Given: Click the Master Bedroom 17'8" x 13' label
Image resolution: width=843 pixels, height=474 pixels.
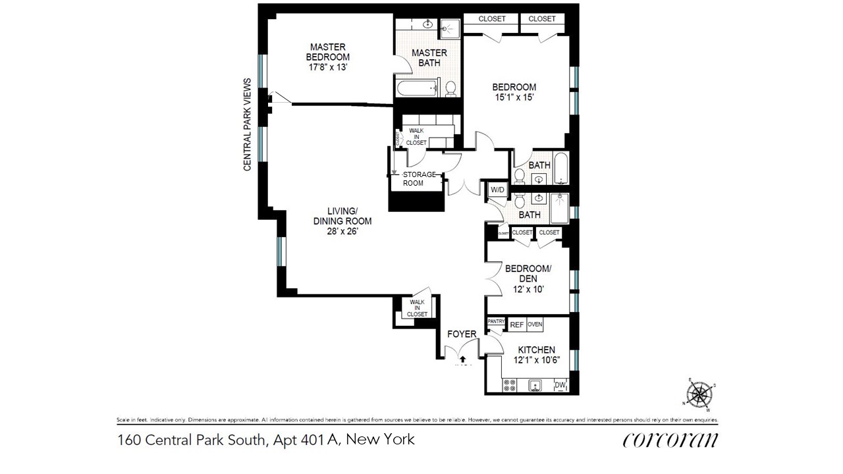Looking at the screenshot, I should coord(329,57).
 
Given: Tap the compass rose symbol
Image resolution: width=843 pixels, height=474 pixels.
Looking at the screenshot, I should coord(699,395).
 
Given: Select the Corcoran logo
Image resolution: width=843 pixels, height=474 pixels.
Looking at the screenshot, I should coord(670,440).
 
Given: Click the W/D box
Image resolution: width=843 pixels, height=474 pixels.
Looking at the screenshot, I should coord(497,190).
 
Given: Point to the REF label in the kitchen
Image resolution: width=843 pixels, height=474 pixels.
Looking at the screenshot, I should coord(517,325).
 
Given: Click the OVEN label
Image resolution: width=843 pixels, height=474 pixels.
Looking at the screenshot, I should coord(535,325).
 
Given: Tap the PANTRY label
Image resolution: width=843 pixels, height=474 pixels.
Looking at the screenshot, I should coord(496,321).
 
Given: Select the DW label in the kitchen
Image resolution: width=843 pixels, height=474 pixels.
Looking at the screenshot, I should coord(560,385).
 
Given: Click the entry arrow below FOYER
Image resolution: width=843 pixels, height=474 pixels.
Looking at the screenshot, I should coord(463,358).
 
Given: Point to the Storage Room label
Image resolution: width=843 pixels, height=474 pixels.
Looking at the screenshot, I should coord(419,178).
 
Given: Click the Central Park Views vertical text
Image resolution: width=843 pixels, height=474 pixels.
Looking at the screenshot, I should coord(248,124).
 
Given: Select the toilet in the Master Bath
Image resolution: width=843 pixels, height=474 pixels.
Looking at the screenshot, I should coord(451,88).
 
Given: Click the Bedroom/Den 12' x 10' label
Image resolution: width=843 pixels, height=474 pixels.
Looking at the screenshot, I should coord(528,278).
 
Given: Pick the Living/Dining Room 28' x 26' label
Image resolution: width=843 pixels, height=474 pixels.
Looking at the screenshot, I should coord(342,221).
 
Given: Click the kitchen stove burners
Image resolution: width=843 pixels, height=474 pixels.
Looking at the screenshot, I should coord(510,384).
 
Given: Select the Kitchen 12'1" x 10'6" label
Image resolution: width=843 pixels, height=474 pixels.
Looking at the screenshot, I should coord(535,355).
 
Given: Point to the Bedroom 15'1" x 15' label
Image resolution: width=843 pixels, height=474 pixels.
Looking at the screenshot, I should coord(514,92).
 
